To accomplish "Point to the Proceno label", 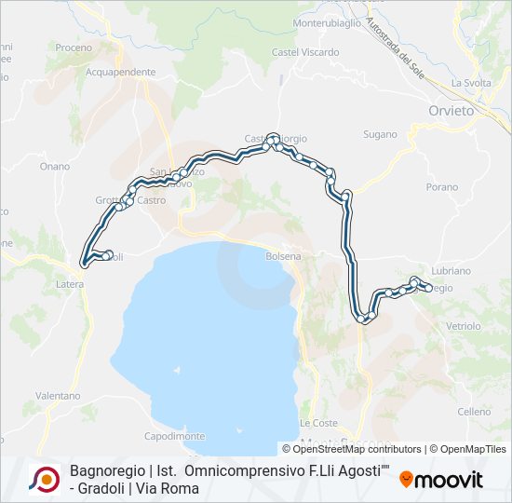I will [x=74, y=48].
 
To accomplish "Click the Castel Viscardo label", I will [x=305, y=52].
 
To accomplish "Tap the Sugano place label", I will [x=380, y=135].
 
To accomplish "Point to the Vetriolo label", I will [x=463, y=326].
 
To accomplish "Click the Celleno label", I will [x=473, y=412].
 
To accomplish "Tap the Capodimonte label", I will [x=174, y=436].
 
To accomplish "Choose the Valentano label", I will [x=58, y=396].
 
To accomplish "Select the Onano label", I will [x=55, y=167].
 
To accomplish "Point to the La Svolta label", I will [x=470, y=83].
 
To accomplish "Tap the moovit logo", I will [x=441, y=481].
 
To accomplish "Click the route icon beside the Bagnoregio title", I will [x=44, y=480].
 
